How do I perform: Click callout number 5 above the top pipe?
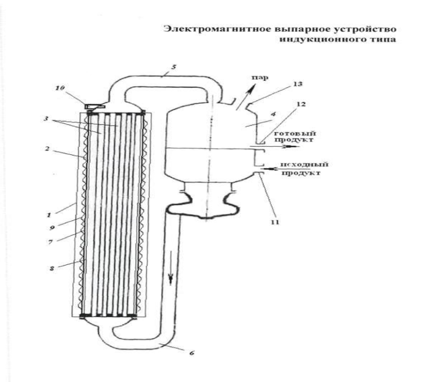(174, 67)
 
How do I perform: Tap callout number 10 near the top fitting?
(61, 88)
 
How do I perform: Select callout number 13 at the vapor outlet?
(298, 84)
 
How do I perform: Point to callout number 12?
(301, 104)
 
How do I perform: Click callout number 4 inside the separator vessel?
(273, 114)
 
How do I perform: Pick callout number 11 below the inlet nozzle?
(275, 222)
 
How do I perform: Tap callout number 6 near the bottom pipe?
(192, 353)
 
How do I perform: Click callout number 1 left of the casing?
(49, 215)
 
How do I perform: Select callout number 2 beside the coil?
(47, 149)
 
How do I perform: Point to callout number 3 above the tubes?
(46, 119)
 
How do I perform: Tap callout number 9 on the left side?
(52, 228)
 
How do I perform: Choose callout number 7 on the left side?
(50, 242)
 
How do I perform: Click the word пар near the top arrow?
(260, 78)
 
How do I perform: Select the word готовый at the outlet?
(295, 134)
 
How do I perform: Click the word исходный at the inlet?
(305, 164)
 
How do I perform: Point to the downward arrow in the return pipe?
(171, 267)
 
